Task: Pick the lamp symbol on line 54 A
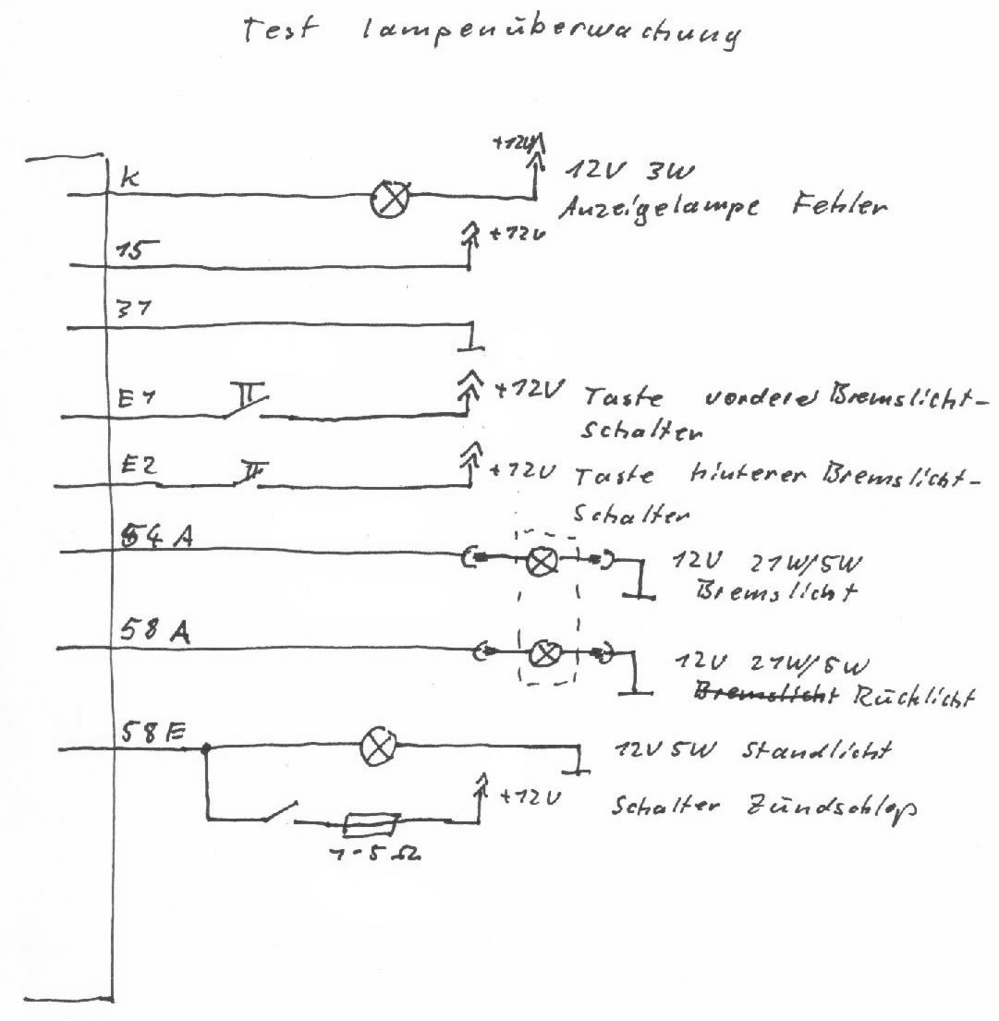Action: click(x=539, y=560)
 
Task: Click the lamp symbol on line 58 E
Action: click(x=376, y=747)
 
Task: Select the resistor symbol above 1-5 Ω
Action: click(x=370, y=820)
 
